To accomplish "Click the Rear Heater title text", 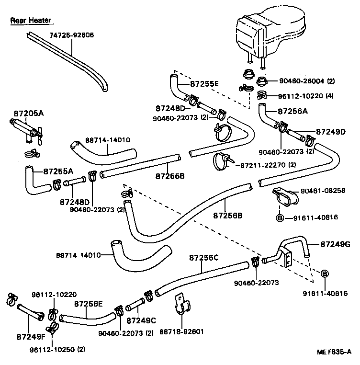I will (31, 21).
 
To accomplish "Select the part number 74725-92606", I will (72, 35).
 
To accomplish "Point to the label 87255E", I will (204, 84).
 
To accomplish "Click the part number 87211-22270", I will (262, 165).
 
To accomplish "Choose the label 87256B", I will (228, 215).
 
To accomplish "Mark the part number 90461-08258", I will (323, 191).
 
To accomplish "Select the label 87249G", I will (335, 244).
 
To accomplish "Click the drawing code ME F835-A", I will (334, 352).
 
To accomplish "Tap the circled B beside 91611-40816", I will (280, 217).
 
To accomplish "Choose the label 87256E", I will (89, 304).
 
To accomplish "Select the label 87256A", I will (292, 111).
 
